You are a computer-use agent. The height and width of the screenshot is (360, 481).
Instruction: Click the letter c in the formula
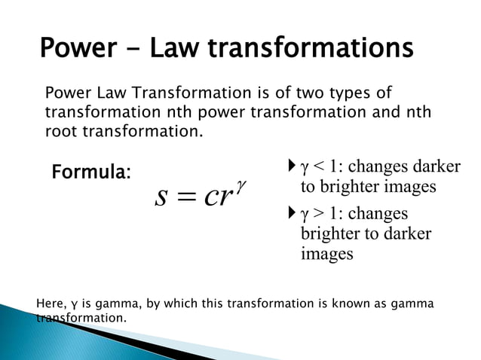point(210,197)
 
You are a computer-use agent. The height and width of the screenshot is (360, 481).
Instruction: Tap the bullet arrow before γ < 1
point(293,166)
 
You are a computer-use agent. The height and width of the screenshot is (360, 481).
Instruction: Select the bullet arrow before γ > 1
point(293,214)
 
